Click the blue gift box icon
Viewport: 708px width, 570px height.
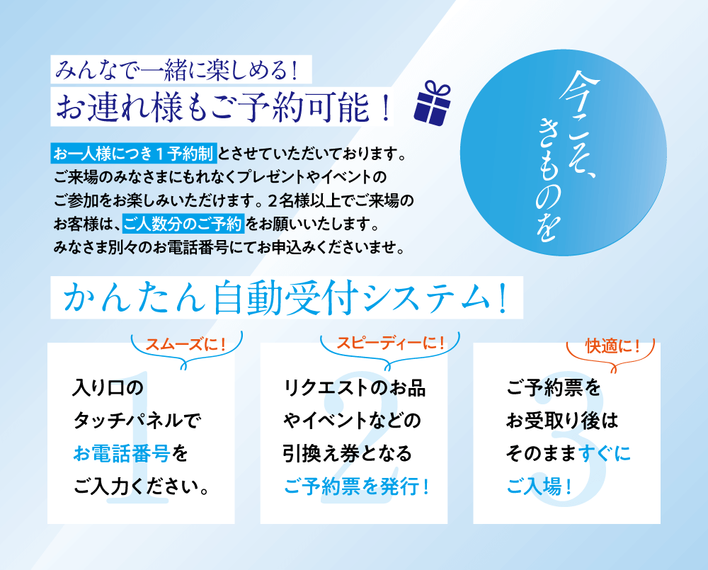point(432,103)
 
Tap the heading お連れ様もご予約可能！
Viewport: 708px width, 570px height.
point(222,108)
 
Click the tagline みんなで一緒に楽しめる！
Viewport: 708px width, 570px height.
point(176,70)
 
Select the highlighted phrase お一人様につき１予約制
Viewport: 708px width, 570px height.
point(134,154)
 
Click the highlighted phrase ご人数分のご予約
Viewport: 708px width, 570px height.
point(183,224)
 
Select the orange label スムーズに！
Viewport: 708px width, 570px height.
point(185,345)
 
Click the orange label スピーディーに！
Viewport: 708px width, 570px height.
point(390,343)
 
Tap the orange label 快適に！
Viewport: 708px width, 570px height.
point(612,346)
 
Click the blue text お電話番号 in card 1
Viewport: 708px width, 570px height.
point(122,453)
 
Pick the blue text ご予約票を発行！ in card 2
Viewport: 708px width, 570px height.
point(356,486)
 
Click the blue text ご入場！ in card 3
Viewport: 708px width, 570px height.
point(539,486)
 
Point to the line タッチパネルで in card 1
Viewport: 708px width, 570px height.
point(137,421)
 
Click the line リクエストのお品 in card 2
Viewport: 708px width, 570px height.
point(355,387)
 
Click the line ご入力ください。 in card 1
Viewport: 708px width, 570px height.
point(141,486)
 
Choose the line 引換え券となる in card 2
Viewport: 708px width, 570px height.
point(348,453)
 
